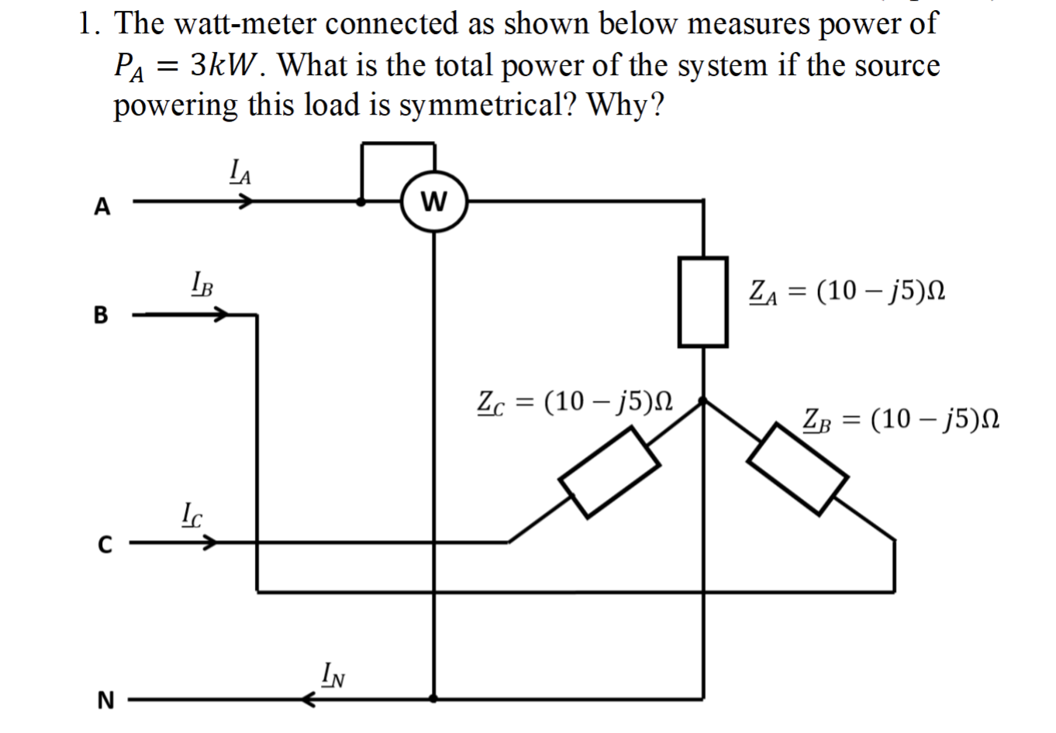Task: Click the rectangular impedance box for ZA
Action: click(702, 301)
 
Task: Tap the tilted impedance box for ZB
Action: click(798, 468)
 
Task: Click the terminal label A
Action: click(101, 207)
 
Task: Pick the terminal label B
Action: click(101, 316)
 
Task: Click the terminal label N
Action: click(105, 700)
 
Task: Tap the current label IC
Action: click(192, 512)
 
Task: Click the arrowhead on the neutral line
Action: click(309, 700)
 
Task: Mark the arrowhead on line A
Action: click(246, 202)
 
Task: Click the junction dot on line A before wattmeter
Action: click(361, 202)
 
